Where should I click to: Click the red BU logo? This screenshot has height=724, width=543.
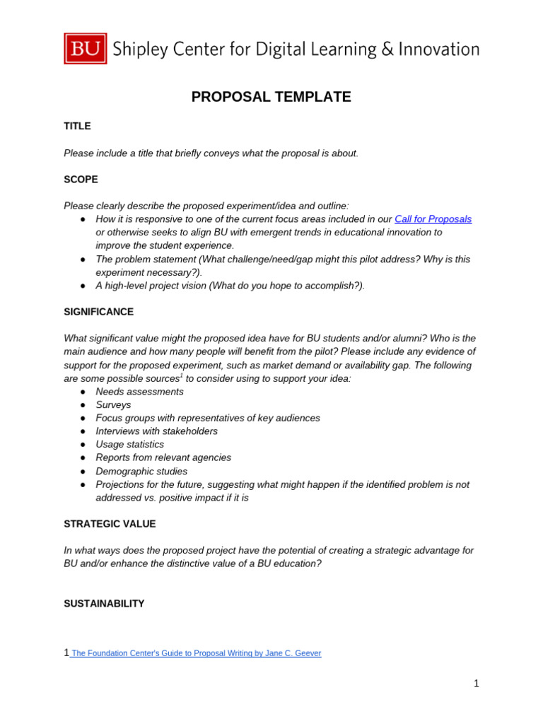click(x=86, y=49)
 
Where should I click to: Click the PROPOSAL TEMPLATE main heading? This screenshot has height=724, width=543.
click(x=271, y=97)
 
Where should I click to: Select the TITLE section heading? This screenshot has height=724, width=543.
click(x=77, y=126)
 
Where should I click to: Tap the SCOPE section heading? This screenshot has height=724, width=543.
click(x=81, y=180)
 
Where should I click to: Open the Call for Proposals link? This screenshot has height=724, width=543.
click(x=433, y=219)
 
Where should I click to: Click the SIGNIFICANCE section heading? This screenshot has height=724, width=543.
click(x=98, y=312)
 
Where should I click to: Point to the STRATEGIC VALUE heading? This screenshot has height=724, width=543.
click(x=110, y=524)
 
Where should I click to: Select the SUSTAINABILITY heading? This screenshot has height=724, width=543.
click(x=104, y=604)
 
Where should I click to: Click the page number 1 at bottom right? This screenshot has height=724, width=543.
click(x=477, y=683)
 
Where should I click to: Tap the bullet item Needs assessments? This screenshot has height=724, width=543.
click(x=139, y=392)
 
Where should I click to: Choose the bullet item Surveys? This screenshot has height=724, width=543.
click(x=113, y=405)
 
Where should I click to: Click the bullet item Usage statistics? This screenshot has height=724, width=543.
click(x=129, y=445)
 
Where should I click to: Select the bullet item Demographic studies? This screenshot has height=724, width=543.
click(x=141, y=472)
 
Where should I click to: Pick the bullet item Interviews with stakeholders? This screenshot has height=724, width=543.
click(x=156, y=431)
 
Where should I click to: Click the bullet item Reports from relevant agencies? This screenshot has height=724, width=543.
click(x=163, y=458)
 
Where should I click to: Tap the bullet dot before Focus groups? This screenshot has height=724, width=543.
click(x=83, y=419)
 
